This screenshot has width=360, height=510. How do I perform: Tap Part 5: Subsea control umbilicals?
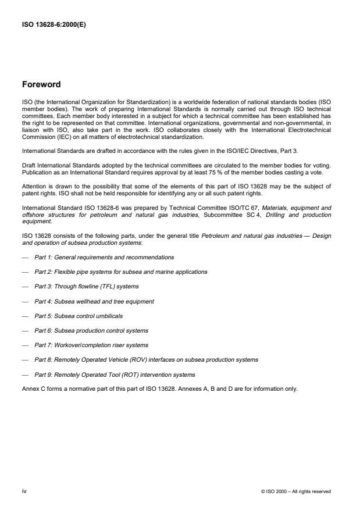79,316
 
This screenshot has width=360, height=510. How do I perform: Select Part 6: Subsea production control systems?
91,330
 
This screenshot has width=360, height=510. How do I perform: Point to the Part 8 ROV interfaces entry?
146,359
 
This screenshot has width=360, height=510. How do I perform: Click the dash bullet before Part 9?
25,375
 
